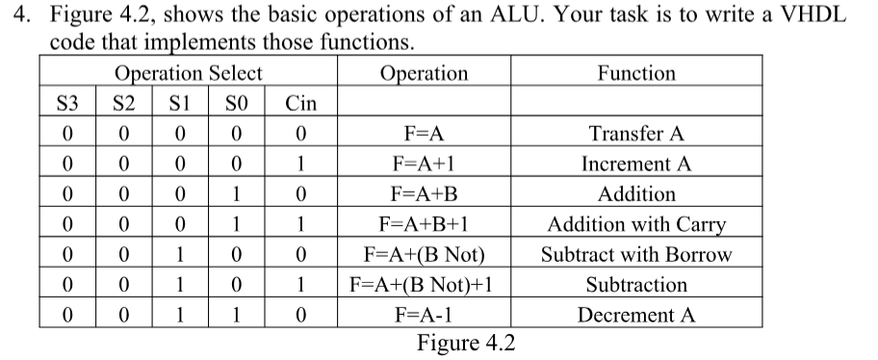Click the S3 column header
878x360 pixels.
click(x=67, y=103)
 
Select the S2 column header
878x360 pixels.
click(x=123, y=103)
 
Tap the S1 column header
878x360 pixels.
click(x=178, y=103)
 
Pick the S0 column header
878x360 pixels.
click(x=234, y=103)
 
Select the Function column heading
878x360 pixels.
click(x=636, y=73)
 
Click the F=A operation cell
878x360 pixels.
click(x=425, y=134)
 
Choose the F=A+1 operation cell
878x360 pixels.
click(x=425, y=164)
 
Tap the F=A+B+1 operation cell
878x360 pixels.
click(x=425, y=225)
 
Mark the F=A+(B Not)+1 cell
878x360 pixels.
click(x=423, y=285)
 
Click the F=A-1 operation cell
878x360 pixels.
click(x=425, y=315)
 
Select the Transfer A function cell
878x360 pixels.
click(x=636, y=134)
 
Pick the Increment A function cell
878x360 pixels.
click(x=636, y=164)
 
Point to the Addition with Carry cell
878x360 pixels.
click(x=636, y=225)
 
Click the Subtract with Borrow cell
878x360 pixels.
click(x=636, y=255)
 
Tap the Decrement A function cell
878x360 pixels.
click(x=636, y=315)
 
